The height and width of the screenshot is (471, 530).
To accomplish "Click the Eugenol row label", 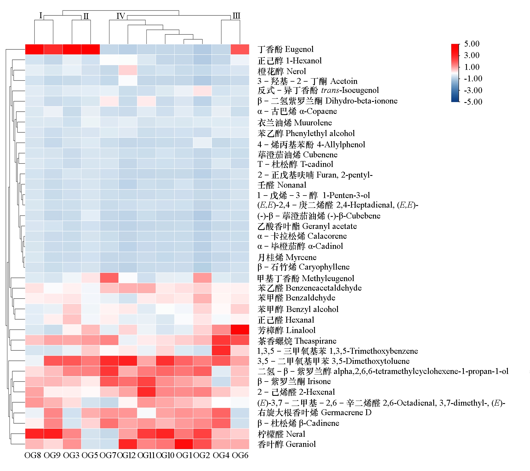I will (285, 49).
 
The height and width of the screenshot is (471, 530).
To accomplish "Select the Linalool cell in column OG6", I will (240, 330).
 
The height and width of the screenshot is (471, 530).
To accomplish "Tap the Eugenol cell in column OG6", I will (240, 49).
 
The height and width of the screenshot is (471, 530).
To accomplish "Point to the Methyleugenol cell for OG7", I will (109, 278).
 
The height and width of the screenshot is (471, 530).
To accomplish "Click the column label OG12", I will (126, 455).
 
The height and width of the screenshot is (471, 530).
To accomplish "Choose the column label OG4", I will (221, 455).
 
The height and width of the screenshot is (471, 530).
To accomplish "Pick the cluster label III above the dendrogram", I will (236, 16).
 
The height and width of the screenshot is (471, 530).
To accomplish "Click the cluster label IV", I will (121, 16).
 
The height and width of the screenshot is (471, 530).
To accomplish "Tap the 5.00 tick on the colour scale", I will (472, 44).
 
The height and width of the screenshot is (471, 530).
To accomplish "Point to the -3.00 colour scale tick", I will (473, 90).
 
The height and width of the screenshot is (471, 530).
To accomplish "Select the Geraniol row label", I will (287, 444).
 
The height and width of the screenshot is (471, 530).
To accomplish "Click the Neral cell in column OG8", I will (34, 434).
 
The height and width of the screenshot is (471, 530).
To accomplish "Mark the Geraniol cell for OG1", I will (184, 444).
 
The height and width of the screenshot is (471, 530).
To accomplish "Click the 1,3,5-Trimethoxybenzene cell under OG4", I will (221, 351).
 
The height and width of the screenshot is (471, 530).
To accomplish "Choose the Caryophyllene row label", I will (303, 267).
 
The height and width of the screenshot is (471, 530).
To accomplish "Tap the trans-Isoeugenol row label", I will (318, 90).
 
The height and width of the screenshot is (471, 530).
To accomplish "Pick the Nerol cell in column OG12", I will (128, 70).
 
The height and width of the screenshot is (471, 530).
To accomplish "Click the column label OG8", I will (33, 455).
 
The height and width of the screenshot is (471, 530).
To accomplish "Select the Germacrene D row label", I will (314, 413).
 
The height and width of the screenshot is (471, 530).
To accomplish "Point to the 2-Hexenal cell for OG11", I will (146, 392).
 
